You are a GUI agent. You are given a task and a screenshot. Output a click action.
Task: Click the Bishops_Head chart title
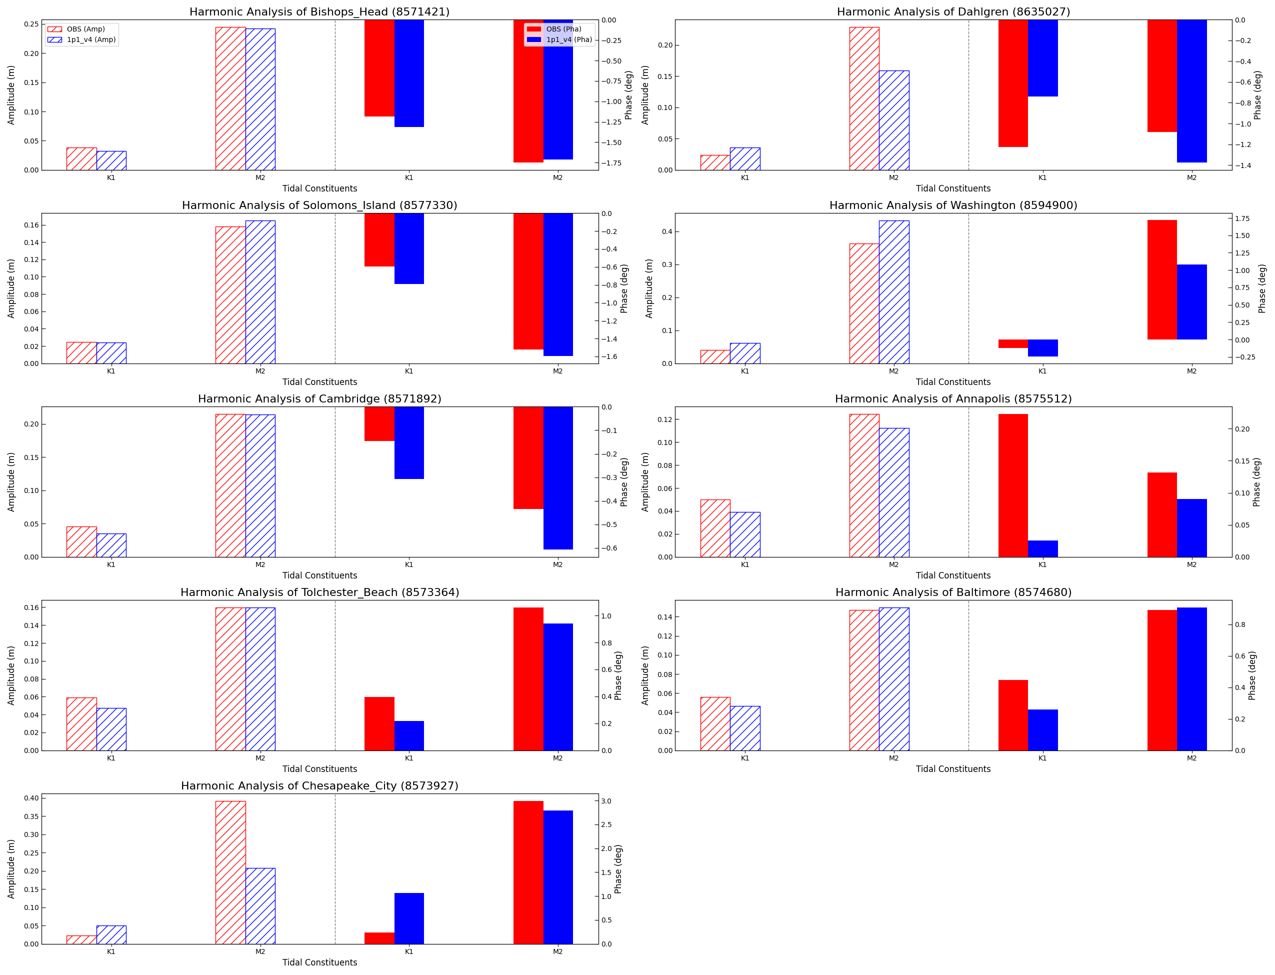[x=319, y=11]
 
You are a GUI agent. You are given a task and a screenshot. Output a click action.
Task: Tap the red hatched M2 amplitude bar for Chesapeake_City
[x=230, y=872]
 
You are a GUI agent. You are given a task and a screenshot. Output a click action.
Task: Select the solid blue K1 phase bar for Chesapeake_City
[x=409, y=918]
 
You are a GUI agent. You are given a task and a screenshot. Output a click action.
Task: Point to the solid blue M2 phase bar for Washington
[x=1191, y=302]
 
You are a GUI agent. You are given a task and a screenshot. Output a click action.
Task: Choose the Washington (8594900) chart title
[x=953, y=205]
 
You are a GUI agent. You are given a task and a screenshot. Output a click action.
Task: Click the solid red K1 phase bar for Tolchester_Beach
[x=379, y=723]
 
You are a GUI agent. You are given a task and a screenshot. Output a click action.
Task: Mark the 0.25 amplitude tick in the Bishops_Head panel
[x=31, y=24]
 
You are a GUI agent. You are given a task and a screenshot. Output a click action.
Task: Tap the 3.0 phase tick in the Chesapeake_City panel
[x=606, y=801]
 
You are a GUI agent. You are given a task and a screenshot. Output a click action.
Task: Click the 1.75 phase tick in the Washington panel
[x=1242, y=219]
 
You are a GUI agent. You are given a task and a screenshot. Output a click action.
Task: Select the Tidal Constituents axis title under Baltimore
[x=953, y=769]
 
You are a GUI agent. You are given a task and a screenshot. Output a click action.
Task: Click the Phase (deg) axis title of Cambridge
[x=624, y=481]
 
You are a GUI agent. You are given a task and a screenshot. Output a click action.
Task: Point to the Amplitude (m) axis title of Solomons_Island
[x=11, y=288]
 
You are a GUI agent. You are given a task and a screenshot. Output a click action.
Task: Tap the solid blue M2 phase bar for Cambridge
[x=557, y=477]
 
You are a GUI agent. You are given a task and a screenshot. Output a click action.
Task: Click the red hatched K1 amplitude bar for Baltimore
[x=715, y=723]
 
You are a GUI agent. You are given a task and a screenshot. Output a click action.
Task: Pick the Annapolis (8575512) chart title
[x=953, y=398]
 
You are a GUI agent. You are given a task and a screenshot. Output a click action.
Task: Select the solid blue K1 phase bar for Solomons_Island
[x=409, y=248]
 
